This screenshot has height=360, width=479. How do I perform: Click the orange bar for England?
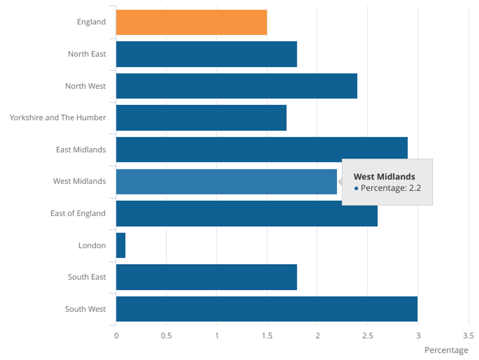tap(191, 22)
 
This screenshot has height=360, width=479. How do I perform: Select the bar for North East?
tap(206, 54)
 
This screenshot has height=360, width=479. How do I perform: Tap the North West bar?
tap(236, 86)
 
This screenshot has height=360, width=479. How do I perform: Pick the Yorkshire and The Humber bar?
tap(201, 118)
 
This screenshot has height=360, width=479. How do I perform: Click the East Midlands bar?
tap(262, 149)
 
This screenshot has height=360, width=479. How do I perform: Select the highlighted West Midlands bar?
tap(226, 182)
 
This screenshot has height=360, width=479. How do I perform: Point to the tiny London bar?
tap(121, 245)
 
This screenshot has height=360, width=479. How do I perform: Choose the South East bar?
tap(206, 277)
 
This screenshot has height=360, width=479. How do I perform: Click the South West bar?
tap(267, 309)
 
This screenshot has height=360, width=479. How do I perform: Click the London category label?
tap(92, 245)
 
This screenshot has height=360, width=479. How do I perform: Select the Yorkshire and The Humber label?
tap(58, 118)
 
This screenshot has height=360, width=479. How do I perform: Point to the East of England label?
tap(78, 213)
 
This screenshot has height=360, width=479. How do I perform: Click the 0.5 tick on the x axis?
tap(166, 335)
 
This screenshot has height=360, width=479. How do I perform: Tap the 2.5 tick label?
tap(368, 335)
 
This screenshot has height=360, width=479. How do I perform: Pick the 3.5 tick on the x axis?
tap(468, 335)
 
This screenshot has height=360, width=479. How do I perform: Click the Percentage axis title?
tap(446, 350)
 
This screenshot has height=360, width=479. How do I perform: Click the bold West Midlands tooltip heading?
tap(384, 177)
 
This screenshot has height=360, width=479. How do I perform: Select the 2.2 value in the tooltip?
tap(415, 187)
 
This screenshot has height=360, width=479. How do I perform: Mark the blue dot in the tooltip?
tap(356, 188)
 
